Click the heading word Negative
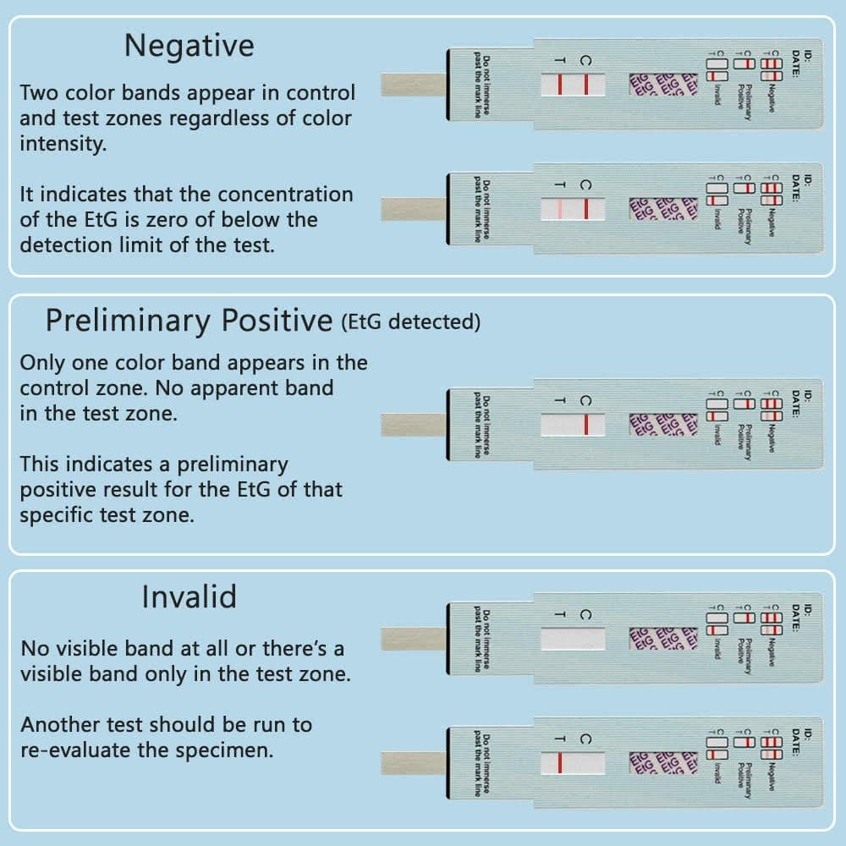coord(189,46)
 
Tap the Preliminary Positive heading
coord(189,321)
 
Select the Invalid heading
coord(189,597)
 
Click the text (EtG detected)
coord(411,322)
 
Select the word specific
coord(56,515)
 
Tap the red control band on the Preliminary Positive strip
coord(585,424)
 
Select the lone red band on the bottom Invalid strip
coord(559,763)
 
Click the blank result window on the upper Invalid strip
coord(573,639)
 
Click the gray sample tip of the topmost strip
coord(413,85)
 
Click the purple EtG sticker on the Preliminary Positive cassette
coord(663,424)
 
